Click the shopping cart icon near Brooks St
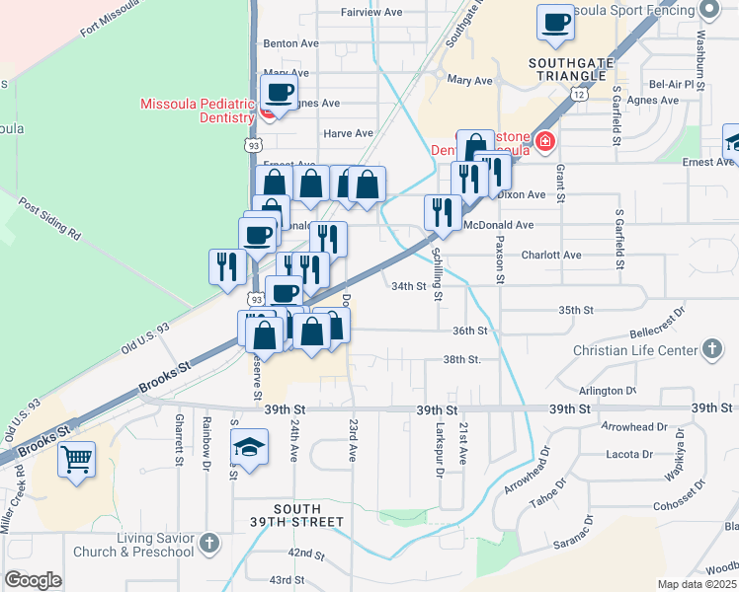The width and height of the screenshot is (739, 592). coord(77,459)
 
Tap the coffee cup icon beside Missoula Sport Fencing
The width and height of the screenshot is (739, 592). coord(556,23)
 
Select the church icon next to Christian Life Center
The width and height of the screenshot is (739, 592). coord(711,349)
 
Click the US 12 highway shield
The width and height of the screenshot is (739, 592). coord(580,92)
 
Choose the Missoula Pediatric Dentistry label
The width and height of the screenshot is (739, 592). coord(198,111)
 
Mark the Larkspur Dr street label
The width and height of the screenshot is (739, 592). coord(439,450)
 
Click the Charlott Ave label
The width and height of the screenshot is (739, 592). coord(551,255)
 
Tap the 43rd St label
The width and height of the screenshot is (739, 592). coord(287,580)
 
